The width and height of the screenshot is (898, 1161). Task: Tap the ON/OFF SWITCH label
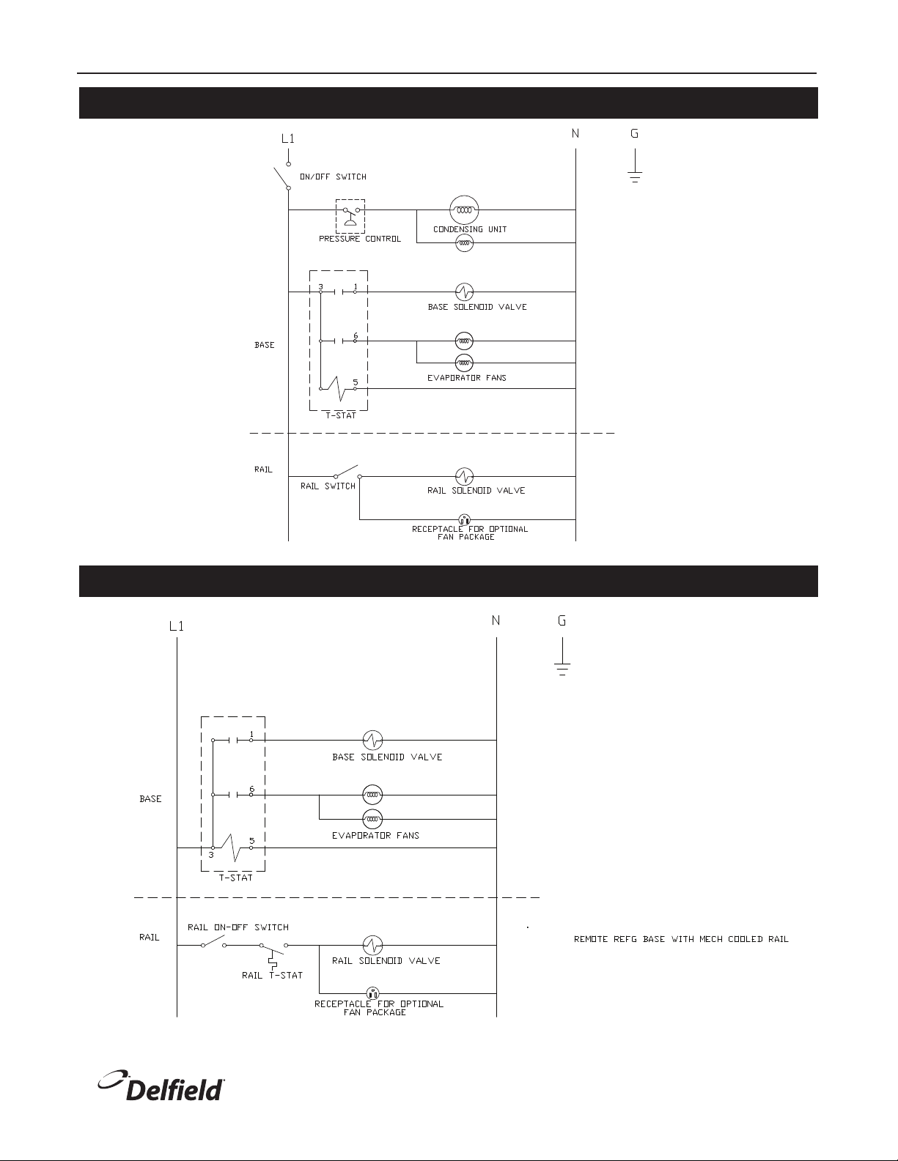point(333,177)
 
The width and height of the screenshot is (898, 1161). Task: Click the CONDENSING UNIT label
point(470,229)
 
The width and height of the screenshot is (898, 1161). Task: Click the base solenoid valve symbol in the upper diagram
point(464,292)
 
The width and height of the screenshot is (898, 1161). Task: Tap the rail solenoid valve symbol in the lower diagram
point(372,945)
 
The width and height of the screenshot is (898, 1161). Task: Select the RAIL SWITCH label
point(328,486)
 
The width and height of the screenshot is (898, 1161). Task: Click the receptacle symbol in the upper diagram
point(464,520)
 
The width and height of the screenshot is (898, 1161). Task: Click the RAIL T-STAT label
point(272,975)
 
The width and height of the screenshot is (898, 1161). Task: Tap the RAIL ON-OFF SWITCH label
point(238,927)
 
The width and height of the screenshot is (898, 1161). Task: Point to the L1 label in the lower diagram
point(177,626)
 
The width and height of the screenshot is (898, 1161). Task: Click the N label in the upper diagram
point(575,133)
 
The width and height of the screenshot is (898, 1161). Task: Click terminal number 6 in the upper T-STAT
point(356,335)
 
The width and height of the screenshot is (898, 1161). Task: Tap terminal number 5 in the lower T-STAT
point(251,840)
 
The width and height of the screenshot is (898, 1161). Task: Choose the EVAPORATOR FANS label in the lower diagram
point(375,835)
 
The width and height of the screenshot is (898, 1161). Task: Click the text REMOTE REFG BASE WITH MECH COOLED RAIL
point(681,939)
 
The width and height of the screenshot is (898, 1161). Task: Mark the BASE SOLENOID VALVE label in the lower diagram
point(387,757)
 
